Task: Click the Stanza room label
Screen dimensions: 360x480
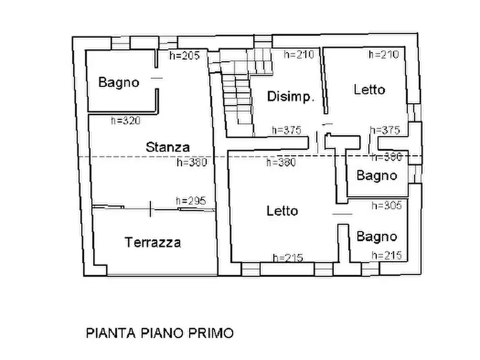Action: coord(168,147)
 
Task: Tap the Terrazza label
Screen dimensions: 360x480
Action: coord(153,242)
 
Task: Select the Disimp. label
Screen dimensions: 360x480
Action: coord(290,97)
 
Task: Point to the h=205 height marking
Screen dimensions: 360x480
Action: coord(184,55)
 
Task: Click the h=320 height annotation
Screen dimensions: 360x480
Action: coord(125,121)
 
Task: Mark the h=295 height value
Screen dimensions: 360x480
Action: coord(191,200)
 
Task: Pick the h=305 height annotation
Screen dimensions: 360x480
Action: coord(386,205)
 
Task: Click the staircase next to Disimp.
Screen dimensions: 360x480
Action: coord(237,91)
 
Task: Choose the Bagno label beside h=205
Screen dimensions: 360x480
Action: coord(119,83)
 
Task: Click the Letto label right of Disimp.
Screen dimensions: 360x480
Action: coord(369,89)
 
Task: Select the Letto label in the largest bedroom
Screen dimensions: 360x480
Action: coord(282,211)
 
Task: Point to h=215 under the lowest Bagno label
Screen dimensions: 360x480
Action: coord(386,256)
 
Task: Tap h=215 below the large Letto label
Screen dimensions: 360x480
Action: coord(288,258)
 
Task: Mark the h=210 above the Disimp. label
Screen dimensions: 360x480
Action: coord(298,54)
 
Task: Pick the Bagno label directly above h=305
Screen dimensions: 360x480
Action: coord(377,175)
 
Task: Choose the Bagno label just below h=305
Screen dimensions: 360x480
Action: coord(377,236)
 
